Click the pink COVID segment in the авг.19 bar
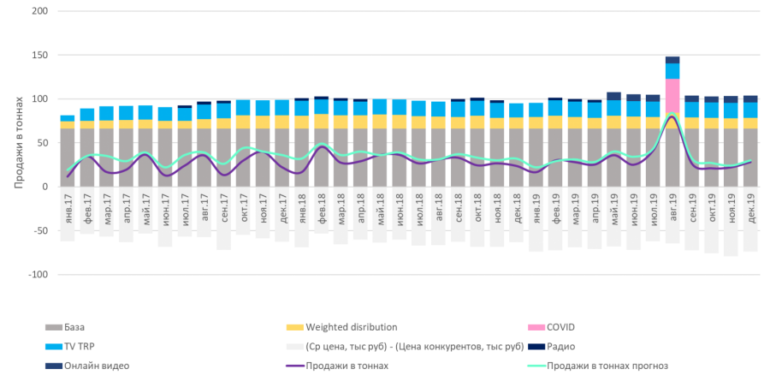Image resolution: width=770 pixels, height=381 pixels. point(672,92)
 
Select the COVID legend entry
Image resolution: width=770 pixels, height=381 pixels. point(561,326)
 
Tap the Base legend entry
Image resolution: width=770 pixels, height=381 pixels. point(73,326)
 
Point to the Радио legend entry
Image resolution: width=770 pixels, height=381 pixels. point(560,346)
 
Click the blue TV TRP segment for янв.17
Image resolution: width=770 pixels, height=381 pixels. point(67,118)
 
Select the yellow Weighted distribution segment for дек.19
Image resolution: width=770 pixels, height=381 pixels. point(749,123)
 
